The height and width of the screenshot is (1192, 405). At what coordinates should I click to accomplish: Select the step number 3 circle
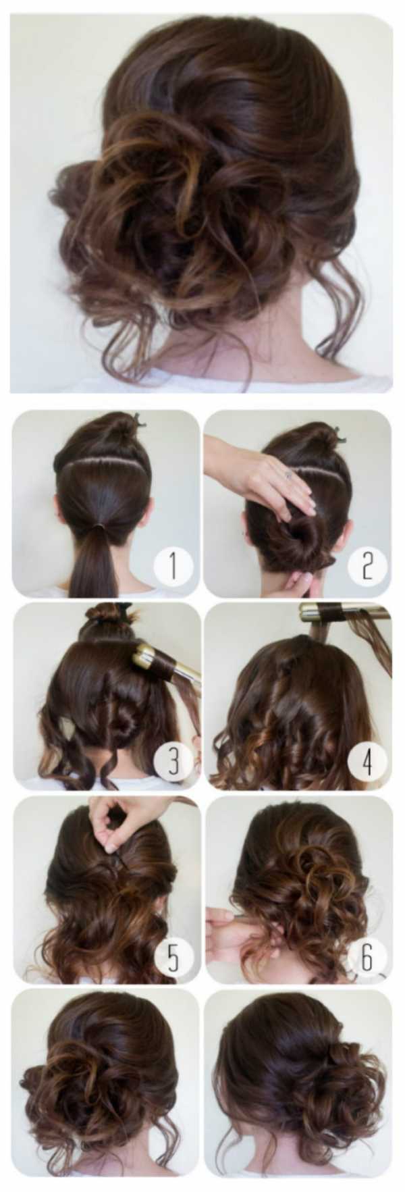173,762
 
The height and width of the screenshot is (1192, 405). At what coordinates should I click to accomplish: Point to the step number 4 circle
367,762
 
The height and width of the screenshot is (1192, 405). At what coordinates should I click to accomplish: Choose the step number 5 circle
173,956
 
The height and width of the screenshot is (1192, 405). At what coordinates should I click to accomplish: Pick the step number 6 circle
367,956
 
